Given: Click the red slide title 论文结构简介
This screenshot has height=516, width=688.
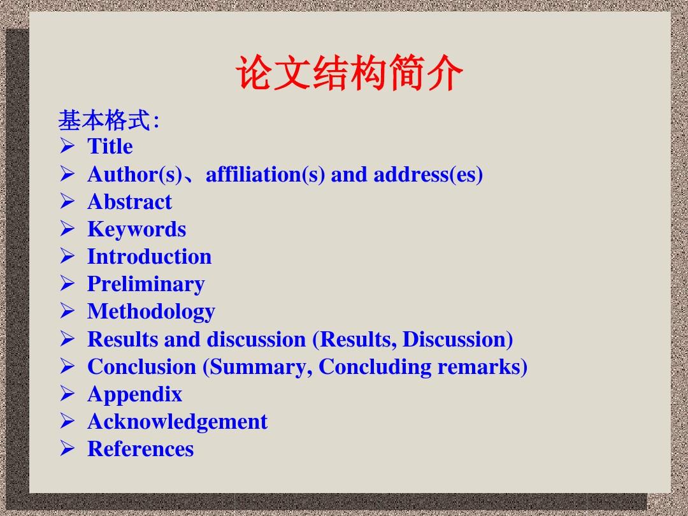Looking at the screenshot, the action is [349, 73].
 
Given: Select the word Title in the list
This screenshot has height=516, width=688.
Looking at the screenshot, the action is [110, 146].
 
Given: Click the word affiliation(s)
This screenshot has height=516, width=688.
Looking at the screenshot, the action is [266, 174].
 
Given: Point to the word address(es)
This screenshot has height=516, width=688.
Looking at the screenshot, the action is [428, 174].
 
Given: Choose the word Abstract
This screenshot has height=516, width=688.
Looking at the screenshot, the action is [129, 202].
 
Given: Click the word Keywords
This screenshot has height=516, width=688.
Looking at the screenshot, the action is [136, 229].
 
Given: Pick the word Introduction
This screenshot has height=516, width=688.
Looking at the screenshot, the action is [149, 257].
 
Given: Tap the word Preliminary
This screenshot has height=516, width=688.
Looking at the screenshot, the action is [146, 284].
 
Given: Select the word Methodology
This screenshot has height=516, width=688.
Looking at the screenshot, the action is [151, 312].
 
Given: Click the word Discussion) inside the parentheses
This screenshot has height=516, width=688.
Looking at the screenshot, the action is [457, 339].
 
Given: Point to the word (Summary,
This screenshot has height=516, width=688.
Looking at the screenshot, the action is [257, 367].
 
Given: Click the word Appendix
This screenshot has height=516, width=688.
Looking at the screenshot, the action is [134, 394].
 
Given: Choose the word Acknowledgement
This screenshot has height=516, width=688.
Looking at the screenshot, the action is [177, 422].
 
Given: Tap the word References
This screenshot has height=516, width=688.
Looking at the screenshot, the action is [140, 449].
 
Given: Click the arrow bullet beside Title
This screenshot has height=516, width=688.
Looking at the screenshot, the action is [67, 146].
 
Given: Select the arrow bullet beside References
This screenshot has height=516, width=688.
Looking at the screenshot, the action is [67, 448].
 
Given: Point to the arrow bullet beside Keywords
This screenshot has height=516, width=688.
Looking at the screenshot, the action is [67, 229].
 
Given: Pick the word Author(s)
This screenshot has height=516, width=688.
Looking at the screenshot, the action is [134, 174].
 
